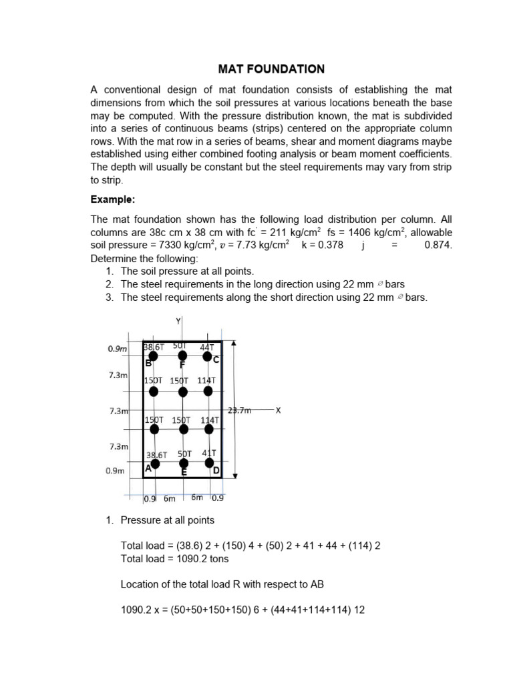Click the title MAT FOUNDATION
pos(272,69)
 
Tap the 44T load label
pos(206,348)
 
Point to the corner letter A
pos(149,469)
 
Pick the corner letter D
pos(216,471)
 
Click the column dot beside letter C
pos(208,358)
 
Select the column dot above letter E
pos(184,463)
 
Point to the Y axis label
pos(178,321)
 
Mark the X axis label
pos(278,410)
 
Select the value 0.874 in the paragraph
pos(438,245)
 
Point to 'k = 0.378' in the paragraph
pos(323,245)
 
